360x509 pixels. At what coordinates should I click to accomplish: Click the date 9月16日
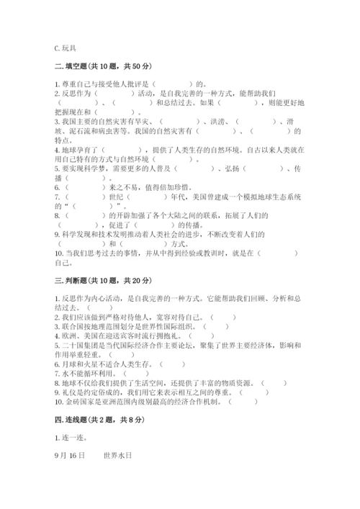pyautogui.click(x=69, y=456)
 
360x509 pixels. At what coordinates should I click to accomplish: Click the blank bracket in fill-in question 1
pyautogui.click(x=173, y=84)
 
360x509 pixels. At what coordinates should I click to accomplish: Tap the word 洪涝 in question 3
pyautogui.click(x=212, y=122)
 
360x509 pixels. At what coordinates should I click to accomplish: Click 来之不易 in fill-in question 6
pyautogui.click(x=120, y=186)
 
